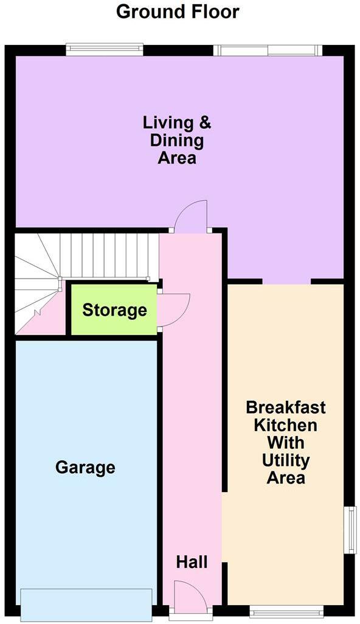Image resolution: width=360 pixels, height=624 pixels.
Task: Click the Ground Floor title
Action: [178, 12]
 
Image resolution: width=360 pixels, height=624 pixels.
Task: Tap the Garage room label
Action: [85, 467]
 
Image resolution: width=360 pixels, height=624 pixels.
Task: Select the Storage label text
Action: [114, 310]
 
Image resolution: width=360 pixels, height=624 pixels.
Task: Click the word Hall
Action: [192, 563]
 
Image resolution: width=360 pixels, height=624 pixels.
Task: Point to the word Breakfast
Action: [286, 407]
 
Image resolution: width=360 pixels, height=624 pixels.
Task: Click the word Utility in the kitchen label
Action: [286, 461]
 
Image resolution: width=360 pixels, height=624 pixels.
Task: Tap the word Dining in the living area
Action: [176, 141]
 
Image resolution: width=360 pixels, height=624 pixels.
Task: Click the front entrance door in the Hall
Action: [190, 594]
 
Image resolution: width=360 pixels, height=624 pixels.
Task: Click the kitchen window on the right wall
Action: [350, 529]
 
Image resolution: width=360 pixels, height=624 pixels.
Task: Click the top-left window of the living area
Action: [105, 50]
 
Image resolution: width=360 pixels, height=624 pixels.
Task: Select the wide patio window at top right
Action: [268, 50]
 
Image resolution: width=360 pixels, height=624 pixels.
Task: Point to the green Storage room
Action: [114, 310]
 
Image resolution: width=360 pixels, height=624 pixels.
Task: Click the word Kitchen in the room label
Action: [286, 425]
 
